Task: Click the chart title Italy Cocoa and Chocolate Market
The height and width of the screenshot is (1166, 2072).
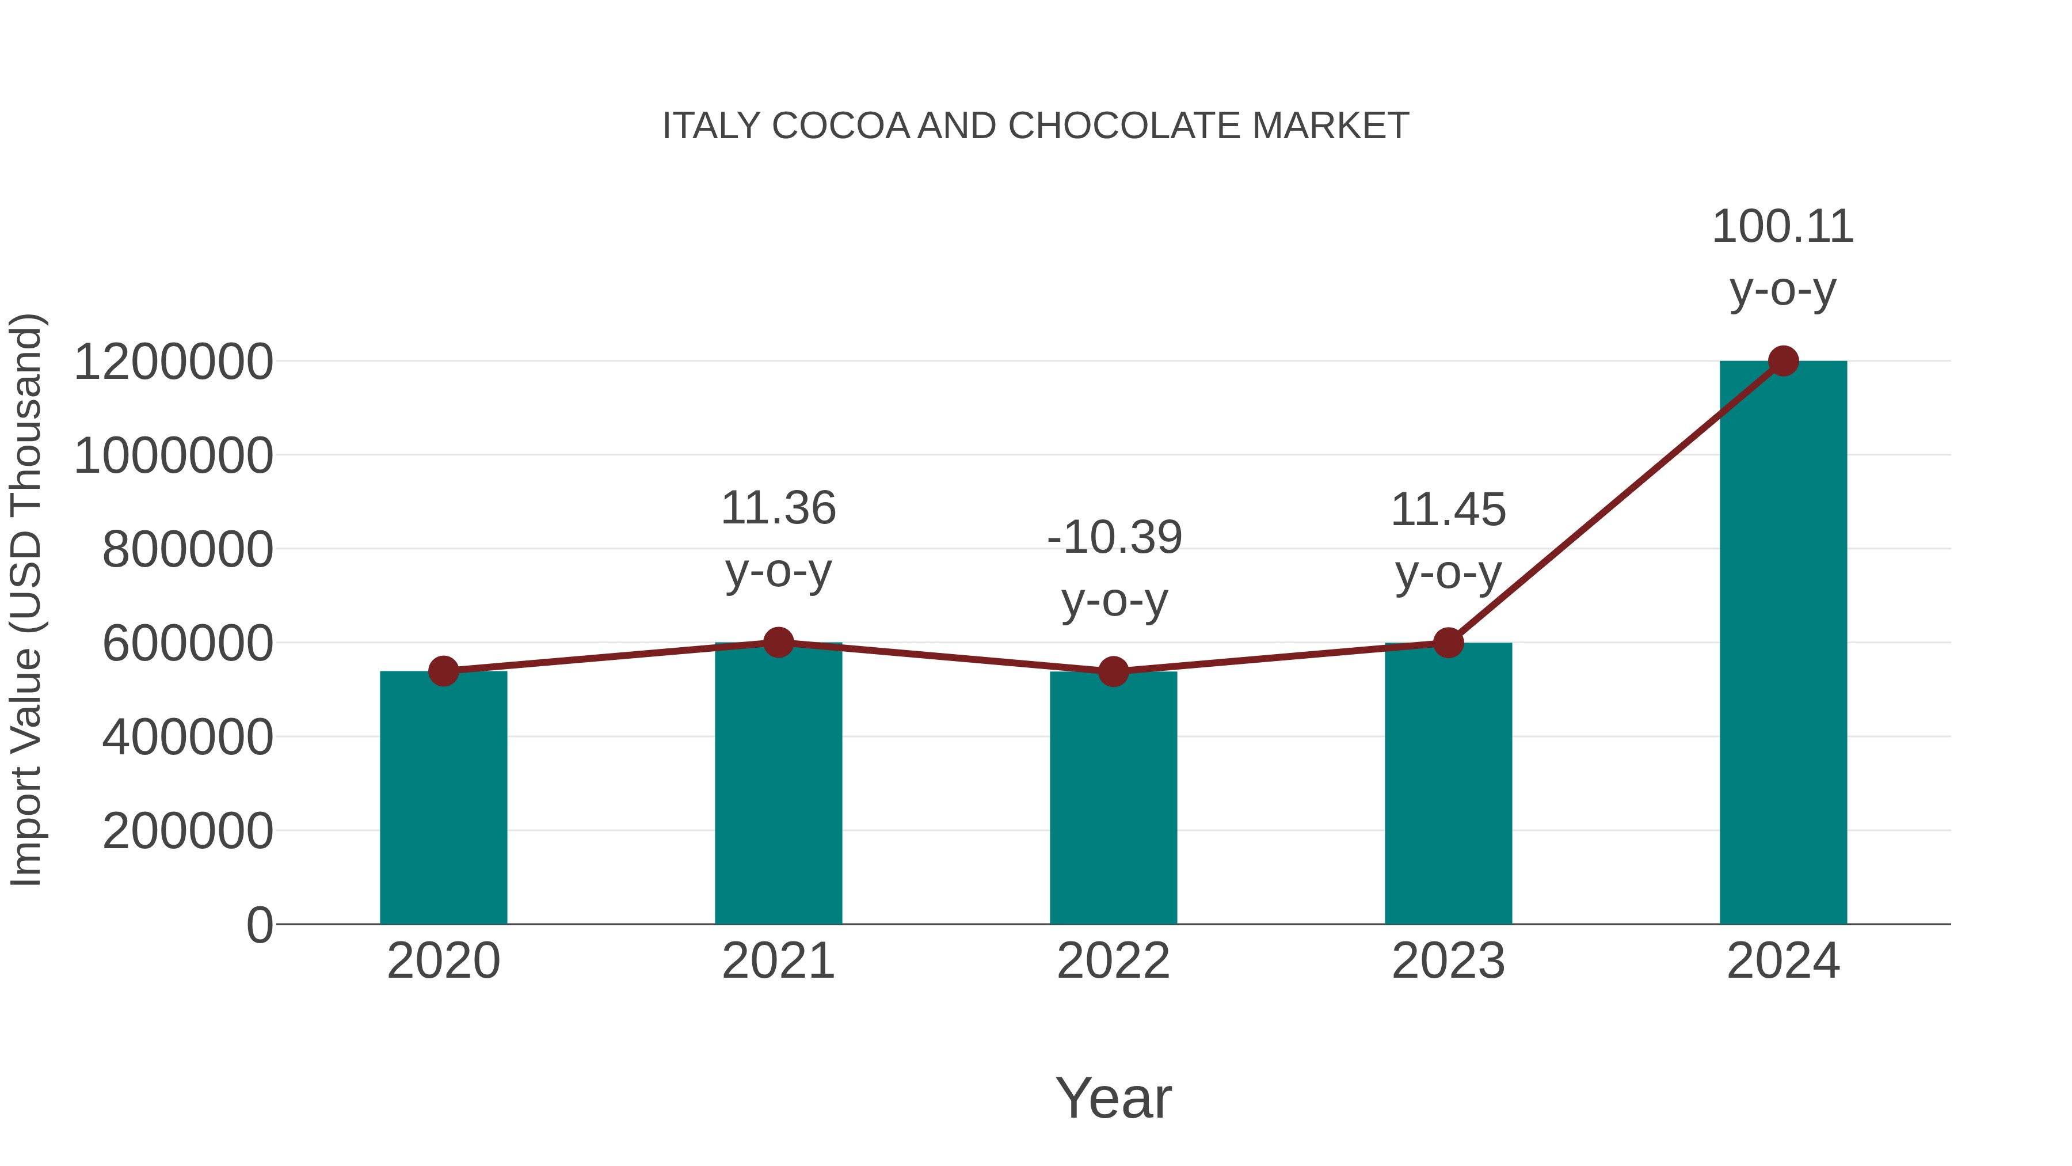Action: pos(1035,126)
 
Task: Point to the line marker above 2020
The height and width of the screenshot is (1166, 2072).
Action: pos(443,671)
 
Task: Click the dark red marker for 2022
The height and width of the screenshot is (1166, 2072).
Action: pos(1113,671)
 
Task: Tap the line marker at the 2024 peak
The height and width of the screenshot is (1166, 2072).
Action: pos(1783,361)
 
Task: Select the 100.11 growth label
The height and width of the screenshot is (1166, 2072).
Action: pos(1782,227)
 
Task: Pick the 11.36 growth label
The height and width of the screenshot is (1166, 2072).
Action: pos(778,508)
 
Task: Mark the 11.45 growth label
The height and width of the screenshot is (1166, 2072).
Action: pos(1448,510)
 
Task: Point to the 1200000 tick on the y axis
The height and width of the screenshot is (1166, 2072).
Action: pos(173,362)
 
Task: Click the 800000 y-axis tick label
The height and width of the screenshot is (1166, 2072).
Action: pos(188,550)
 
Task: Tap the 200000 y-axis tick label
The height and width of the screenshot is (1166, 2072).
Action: pos(188,831)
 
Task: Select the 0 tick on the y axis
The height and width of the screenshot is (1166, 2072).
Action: pos(259,925)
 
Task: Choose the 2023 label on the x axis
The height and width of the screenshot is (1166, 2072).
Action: pos(1448,961)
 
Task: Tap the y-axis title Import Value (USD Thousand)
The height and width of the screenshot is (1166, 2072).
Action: pos(26,599)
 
